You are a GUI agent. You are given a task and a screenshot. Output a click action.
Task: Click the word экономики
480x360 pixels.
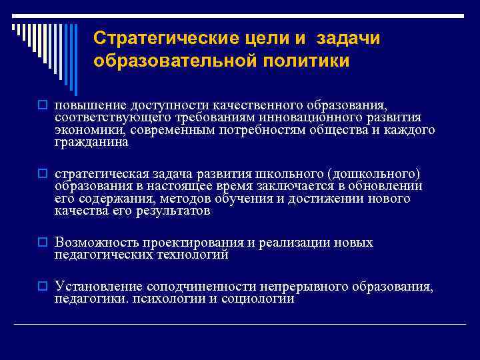click(x=88, y=129)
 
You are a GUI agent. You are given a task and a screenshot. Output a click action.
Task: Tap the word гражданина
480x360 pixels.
click(x=92, y=141)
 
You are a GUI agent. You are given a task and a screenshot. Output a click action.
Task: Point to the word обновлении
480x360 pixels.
click(x=387, y=186)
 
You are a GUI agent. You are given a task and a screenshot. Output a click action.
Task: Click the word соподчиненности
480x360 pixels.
click(x=203, y=287)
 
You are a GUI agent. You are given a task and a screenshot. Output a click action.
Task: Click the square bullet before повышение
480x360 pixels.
click(x=42, y=106)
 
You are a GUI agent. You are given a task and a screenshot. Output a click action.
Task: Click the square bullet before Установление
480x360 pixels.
click(x=42, y=287)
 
